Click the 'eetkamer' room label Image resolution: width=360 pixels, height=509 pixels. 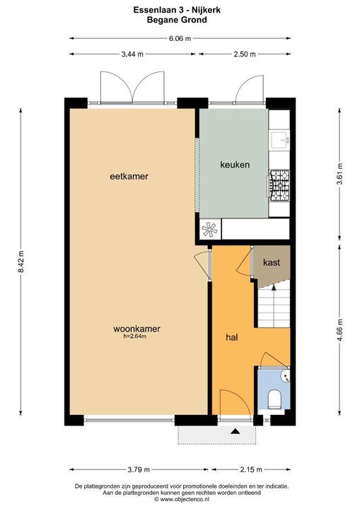pyautogui.click(x=129, y=176)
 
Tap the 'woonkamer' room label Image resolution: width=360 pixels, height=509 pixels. pyautogui.click(x=137, y=329)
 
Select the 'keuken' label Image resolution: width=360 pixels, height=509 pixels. pyautogui.click(x=235, y=164)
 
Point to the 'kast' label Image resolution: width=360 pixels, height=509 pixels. pyautogui.click(x=272, y=262)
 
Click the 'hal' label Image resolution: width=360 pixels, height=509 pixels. pyautogui.click(x=231, y=338)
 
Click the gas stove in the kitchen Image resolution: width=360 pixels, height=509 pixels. pyautogui.click(x=279, y=185)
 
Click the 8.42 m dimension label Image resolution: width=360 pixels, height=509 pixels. pyautogui.click(x=21, y=264)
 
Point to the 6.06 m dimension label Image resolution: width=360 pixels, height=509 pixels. pyautogui.click(x=180, y=39)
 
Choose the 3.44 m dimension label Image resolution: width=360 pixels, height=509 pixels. pyautogui.click(x=132, y=54)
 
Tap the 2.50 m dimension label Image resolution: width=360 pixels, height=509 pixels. pyautogui.click(x=244, y=54)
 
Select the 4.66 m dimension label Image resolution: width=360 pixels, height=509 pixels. pyautogui.click(x=340, y=331)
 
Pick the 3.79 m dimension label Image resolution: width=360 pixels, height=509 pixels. pyautogui.click(x=139, y=469)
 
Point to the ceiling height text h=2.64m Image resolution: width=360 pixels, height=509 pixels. pyautogui.click(x=136, y=337)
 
